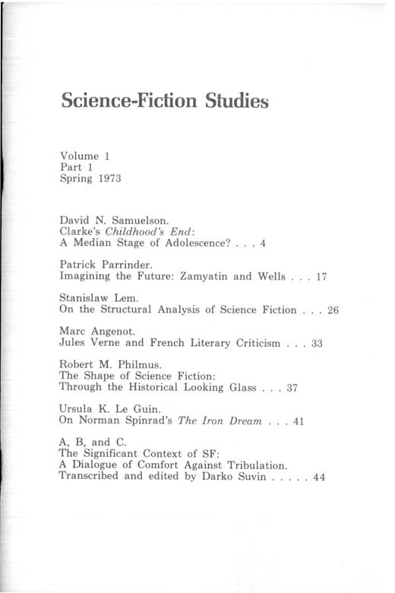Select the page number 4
262,243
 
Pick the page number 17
320,277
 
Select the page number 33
317,343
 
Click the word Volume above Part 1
79,156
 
